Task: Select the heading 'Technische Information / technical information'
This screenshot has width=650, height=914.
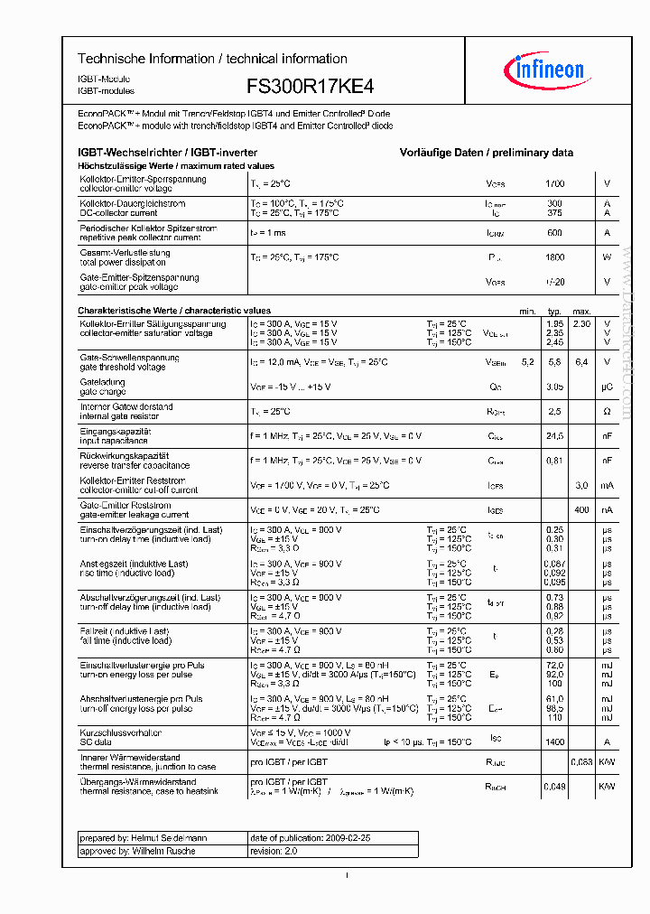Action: pyautogui.click(x=212, y=59)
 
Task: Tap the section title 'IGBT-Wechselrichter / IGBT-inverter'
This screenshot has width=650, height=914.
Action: pyautogui.click(x=168, y=154)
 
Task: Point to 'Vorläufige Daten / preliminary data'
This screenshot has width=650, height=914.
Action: pyautogui.click(x=486, y=154)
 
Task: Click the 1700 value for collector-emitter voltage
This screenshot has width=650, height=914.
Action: pyautogui.click(x=554, y=183)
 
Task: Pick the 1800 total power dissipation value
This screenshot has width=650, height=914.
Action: pyautogui.click(x=554, y=257)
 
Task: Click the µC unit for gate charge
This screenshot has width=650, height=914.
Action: pyautogui.click(x=607, y=387)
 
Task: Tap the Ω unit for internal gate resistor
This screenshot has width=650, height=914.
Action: pyautogui.click(x=607, y=412)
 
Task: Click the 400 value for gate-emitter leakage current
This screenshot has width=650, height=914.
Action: pyautogui.click(x=581, y=510)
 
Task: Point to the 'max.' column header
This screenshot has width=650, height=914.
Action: pyautogui.click(x=581, y=311)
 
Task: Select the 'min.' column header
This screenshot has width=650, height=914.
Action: pyautogui.click(x=527, y=311)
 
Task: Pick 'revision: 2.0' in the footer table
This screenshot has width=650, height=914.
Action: pyautogui.click(x=274, y=851)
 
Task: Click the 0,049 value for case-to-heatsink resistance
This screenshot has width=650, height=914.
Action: pyautogui.click(x=554, y=787)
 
